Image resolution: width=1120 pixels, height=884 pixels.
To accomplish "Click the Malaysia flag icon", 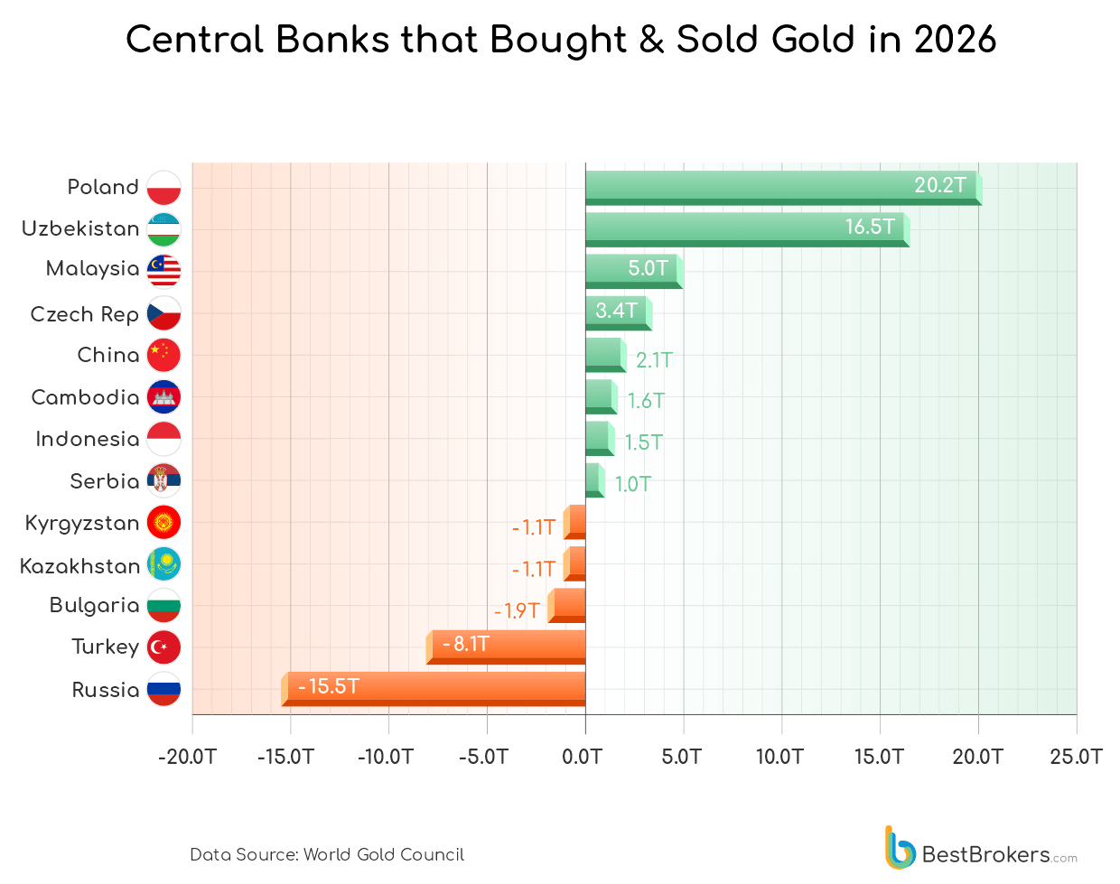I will (163, 270).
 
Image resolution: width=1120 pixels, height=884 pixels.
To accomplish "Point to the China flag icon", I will (163, 355).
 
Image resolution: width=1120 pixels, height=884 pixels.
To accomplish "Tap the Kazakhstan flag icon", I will (163, 564).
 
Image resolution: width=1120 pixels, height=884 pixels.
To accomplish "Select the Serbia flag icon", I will (163, 480).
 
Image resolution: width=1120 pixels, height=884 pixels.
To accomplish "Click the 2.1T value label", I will (654, 360).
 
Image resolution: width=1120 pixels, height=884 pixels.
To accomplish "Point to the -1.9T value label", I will (517, 611).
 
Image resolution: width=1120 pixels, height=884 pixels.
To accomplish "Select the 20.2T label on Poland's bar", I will (939, 185).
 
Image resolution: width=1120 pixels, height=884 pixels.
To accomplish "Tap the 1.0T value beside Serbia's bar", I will (632, 484).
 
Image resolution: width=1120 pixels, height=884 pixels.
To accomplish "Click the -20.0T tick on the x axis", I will (187, 757).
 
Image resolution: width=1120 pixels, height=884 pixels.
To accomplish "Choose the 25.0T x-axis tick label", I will (1076, 757).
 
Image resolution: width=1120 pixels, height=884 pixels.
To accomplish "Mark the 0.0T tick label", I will (583, 757).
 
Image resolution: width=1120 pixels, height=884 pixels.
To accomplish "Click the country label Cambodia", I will (85, 397).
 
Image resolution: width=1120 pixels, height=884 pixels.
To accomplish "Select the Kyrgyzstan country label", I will (82, 523).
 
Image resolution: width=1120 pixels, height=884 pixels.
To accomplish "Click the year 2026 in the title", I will (955, 40).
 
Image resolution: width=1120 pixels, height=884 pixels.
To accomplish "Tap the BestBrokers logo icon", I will (900, 848).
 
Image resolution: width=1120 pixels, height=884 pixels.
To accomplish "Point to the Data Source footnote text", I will (327, 854).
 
